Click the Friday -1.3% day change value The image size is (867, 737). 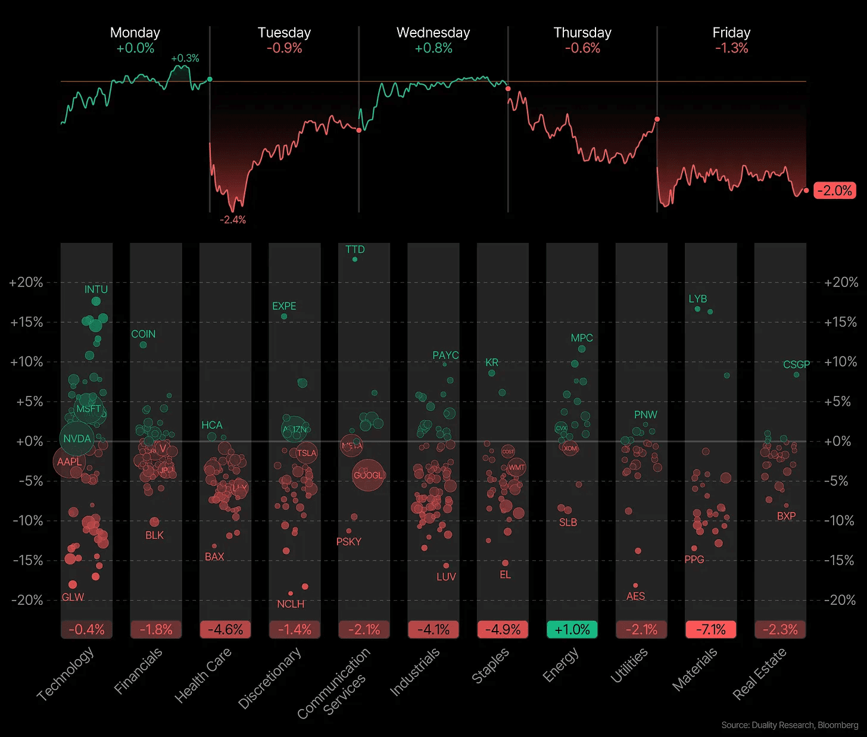731,48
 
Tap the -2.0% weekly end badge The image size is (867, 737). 834,191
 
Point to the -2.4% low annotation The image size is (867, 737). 232,220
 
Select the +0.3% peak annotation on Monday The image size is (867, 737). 185,58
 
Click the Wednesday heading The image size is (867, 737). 433,33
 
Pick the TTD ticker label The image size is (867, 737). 355,249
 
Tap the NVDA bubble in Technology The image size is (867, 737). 77,439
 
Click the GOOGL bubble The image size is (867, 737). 368,475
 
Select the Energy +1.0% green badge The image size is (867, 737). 572,630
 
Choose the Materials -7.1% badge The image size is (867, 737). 710,630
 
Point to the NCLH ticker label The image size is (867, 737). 291,604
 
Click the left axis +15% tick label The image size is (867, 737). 27,322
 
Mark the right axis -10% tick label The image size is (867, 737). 840,521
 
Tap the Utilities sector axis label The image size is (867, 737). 629,666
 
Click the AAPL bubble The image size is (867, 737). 69,461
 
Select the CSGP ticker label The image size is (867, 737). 796,364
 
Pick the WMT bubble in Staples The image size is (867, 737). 516,467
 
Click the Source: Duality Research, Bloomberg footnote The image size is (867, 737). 790,725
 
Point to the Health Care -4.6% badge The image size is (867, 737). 225,630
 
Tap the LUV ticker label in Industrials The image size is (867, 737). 446,577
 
